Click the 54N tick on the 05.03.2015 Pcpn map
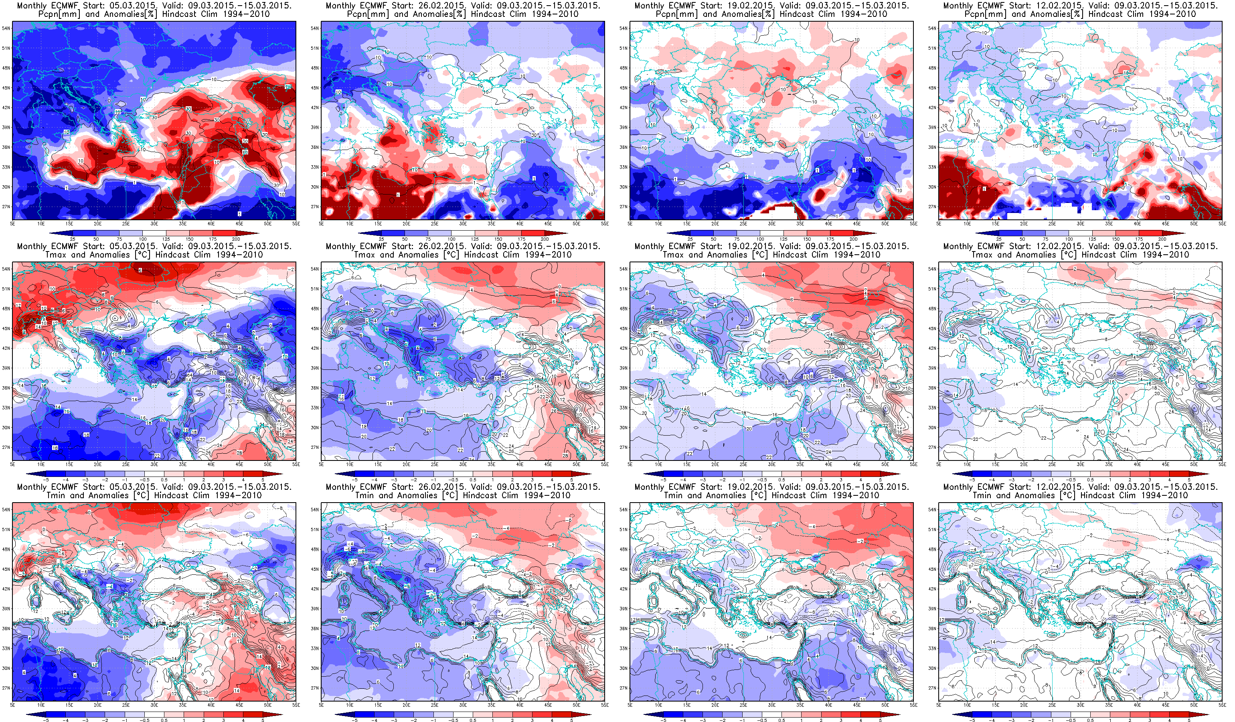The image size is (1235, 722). click(x=6, y=28)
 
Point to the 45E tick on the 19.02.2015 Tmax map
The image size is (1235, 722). click(x=856, y=464)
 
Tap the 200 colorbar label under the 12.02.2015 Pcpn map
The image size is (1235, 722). click(x=1162, y=239)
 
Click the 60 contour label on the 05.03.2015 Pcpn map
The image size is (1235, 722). click(x=245, y=152)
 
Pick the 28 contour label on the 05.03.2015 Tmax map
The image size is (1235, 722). click(x=240, y=452)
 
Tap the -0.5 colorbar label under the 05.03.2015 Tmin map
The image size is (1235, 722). click(x=144, y=720)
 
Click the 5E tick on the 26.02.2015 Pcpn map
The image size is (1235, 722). click(x=322, y=223)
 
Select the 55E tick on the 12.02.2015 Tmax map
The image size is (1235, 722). click(x=1222, y=464)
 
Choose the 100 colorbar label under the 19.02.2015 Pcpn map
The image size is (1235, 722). click(x=760, y=239)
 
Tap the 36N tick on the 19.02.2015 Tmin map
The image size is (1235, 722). click(x=624, y=629)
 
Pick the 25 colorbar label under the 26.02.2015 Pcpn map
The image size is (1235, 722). click(x=381, y=239)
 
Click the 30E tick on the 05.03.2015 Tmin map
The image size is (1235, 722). click(x=154, y=704)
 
